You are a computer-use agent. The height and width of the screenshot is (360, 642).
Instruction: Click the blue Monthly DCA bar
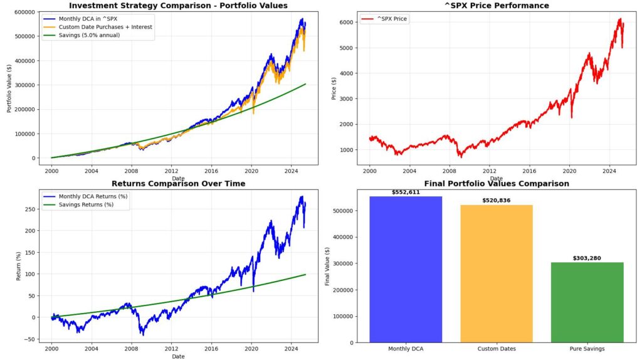[x=406, y=270]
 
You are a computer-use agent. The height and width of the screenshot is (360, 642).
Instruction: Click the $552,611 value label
[x=406, y=192]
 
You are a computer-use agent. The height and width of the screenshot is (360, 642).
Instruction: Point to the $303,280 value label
[x=587, y=258]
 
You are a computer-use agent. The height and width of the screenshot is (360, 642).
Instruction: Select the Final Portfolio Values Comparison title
[x=496, y=184]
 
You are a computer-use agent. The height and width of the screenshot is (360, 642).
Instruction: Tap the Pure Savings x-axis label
[x=587, y=349]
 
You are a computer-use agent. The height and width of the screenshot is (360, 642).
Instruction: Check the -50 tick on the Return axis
[x=28, y=339]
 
